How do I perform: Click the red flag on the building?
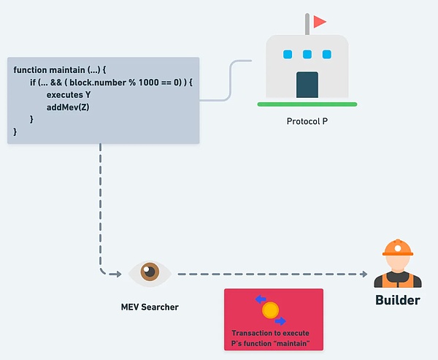pos(319,22)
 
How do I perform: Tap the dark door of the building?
pos(307,84)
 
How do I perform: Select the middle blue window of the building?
pos(307,54)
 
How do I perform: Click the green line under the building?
pos(307,105)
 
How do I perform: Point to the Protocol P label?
pos(307,120)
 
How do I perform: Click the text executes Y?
pos(69,95)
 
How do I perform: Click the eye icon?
pos(150,273)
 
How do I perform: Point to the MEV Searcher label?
pos(150,307)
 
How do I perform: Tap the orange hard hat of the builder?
pos(397,248)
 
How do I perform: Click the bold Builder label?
pos(397,300)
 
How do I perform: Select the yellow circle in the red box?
pos(270,310)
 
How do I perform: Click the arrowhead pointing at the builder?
pos(363,274)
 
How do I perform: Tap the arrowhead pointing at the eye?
pos(118,274)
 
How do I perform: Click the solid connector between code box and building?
pos(231,80)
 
